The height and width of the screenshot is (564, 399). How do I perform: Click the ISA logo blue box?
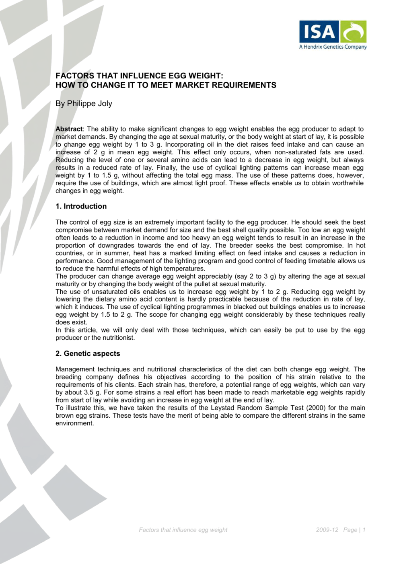(319, 32)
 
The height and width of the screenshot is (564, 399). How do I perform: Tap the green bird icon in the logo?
(354, 32)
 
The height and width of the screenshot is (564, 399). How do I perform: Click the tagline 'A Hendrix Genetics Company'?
(333, 47)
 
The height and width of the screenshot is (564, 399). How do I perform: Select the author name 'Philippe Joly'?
(90, 104)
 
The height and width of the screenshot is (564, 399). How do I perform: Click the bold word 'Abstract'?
(69, 129)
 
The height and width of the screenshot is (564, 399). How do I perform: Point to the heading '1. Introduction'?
(81, 206)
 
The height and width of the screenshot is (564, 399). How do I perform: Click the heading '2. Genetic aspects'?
(88, 354)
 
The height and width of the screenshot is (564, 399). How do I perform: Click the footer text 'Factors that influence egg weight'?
(183, 530)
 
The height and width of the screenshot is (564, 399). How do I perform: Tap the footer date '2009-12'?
(327, 530)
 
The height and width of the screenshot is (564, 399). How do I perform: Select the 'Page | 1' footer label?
(354, 530)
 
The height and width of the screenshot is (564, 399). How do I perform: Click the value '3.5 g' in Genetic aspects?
(92, 392)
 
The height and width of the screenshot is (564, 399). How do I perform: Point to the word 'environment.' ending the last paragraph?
(75, 423)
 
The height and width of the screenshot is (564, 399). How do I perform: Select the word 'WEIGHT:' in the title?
(206, 76)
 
